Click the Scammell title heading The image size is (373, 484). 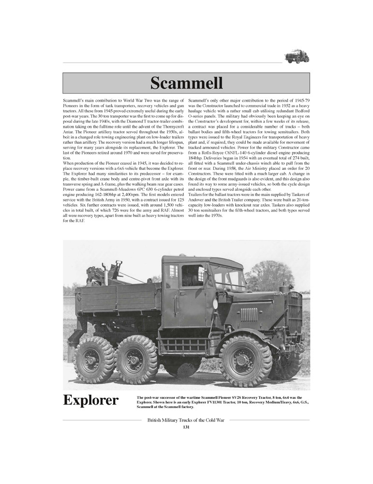tap(186, 83)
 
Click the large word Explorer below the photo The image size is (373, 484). tap(91, 401)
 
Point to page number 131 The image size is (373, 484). tap(186, 427)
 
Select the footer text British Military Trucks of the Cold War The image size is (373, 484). tap(186, 421)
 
